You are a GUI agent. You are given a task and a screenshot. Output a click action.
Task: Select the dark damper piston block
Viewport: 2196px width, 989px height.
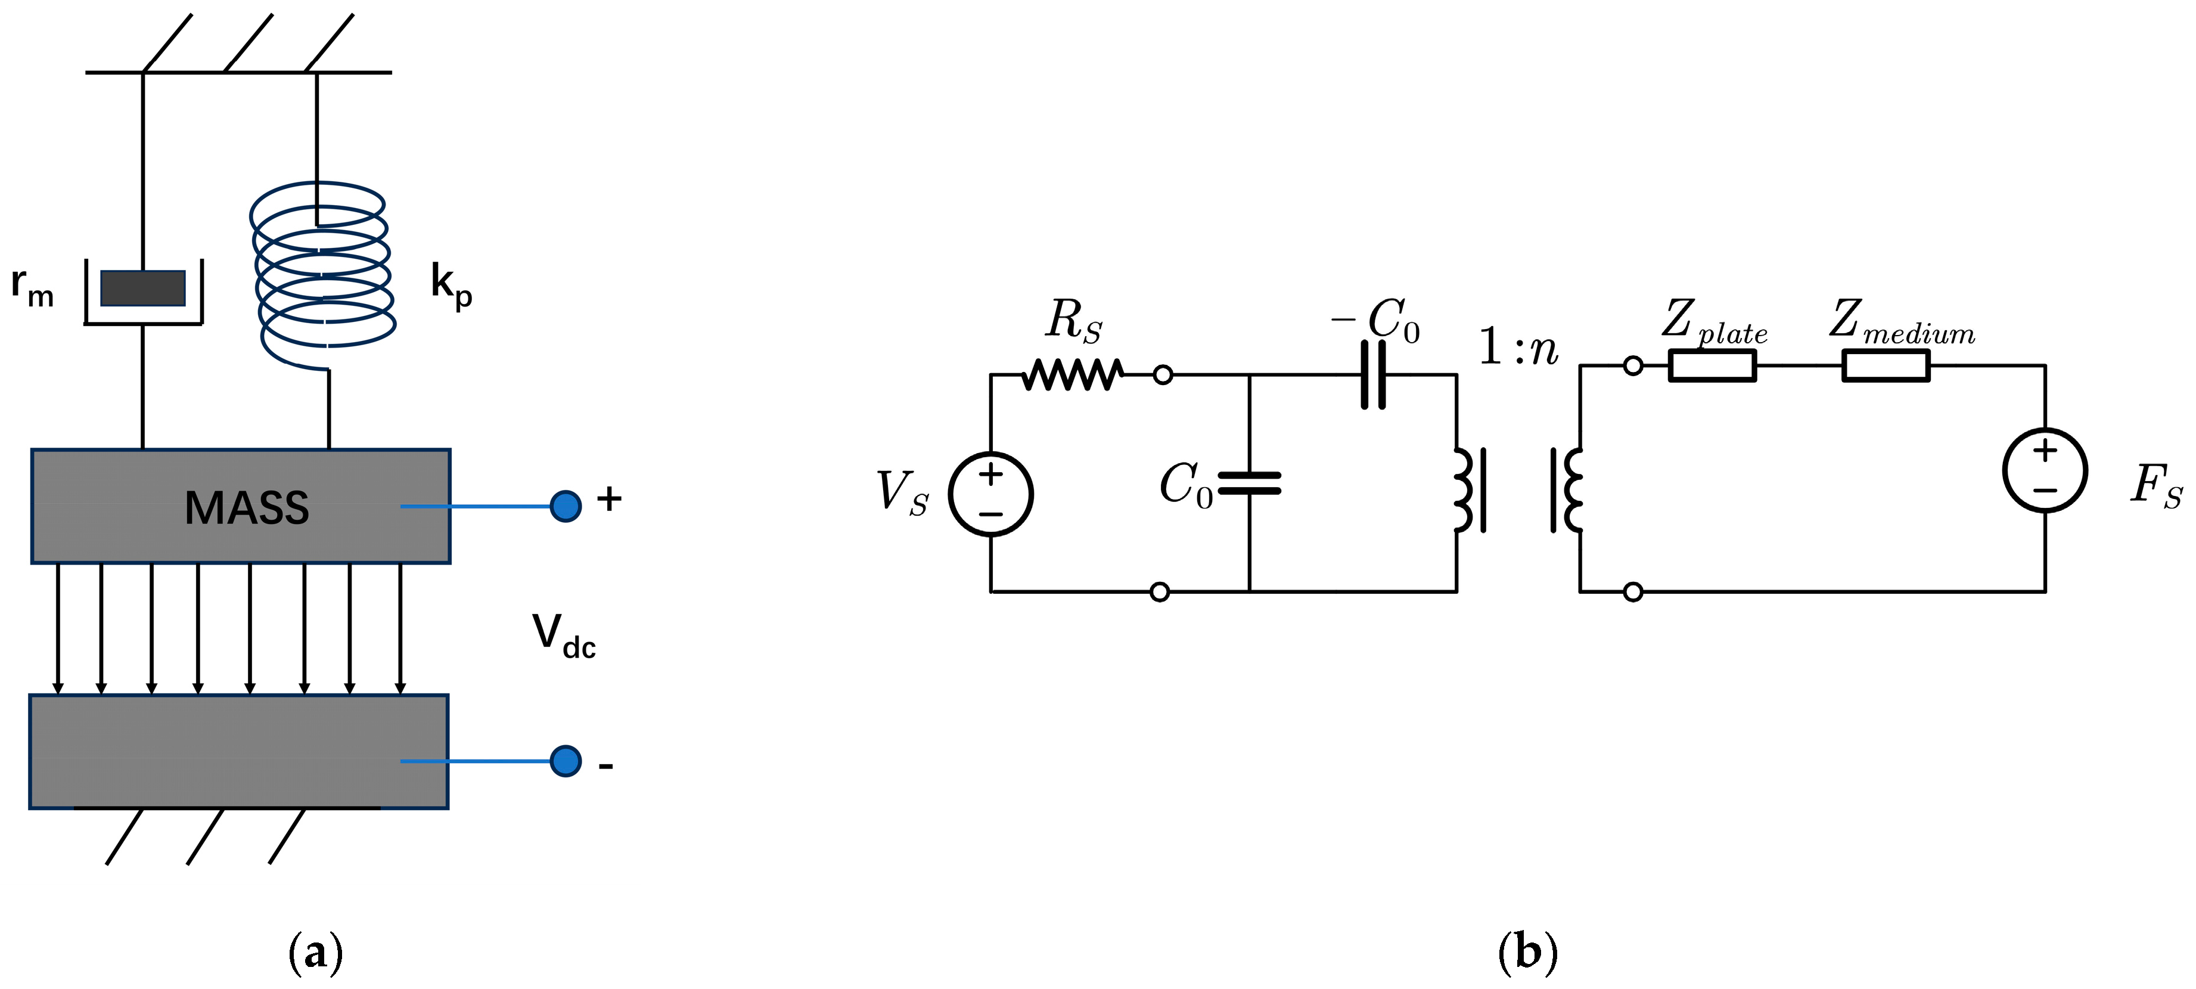pos(143,288)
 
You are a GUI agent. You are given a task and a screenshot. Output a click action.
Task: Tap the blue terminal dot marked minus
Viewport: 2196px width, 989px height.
pos(565,761)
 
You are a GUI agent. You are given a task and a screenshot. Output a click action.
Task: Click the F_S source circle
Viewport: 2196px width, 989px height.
pos(2045,470)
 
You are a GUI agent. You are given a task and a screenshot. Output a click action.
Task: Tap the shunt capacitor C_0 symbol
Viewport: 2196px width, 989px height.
pos(1249,483)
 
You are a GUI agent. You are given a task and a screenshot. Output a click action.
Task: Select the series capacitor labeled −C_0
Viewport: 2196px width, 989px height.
pos(1372,374)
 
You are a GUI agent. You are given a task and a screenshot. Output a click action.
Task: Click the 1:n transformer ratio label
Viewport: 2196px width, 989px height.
pos(1517,348)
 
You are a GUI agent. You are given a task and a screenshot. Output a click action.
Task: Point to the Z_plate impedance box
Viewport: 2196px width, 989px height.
pos(1712,366)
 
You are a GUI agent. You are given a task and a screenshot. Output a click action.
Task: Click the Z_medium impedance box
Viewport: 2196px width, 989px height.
pos(1886,366)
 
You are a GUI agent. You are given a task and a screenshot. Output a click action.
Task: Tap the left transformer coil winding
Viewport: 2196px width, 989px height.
pos(1463,490)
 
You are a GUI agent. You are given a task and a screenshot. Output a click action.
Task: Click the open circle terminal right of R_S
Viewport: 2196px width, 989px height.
pos(1162,374)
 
